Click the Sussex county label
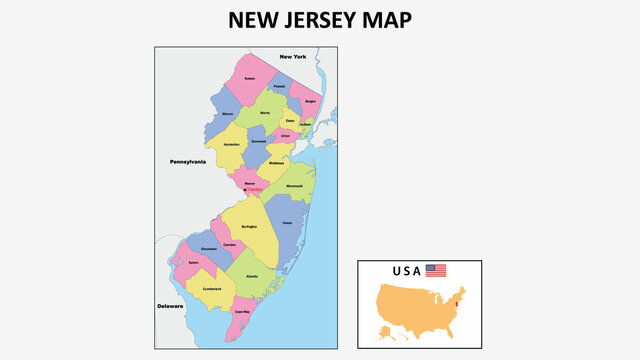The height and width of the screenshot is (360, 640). tap(250, 77)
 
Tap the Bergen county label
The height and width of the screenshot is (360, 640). tap(310, 101)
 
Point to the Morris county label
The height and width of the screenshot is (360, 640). tap(265, 113)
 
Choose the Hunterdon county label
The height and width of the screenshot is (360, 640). tap(230, 146)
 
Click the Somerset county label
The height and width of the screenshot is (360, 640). tap(258, 142)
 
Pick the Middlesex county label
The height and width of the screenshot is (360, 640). tap(276, 163)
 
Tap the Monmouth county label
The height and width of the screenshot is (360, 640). tap(295, 186)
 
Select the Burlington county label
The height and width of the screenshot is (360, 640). tap(250, 227)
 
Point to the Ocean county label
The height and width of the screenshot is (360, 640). tap(288, 222)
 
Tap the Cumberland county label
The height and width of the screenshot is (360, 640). tap(212, 287)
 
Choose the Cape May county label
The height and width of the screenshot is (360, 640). tap(242, 312)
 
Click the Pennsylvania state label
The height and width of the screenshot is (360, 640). tap(187, 161)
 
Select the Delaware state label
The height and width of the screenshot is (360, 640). tap(170, 306)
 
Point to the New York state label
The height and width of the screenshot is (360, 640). tap(293, 56)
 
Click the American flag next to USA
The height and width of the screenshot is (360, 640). tap(436, 270)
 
